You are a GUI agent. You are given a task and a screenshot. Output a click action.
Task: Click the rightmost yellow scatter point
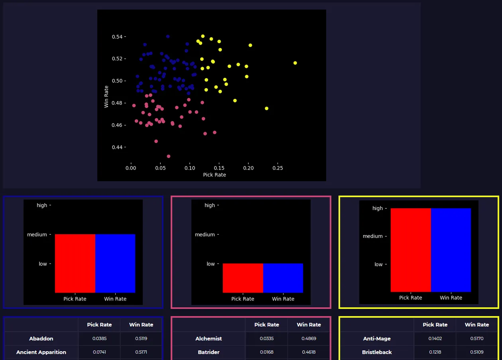click(x=295, y=63)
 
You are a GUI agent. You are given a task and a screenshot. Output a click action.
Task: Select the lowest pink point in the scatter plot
click(x=169, y=156)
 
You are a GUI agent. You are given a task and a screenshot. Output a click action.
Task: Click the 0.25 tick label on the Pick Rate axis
click(x=278, y=168)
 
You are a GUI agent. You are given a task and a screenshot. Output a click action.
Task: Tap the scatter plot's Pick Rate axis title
click(x=215, y=175)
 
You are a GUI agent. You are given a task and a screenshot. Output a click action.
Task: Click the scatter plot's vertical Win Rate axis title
click(x=106, y=97)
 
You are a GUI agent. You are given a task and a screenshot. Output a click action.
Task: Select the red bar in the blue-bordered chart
click(x=75, y=263)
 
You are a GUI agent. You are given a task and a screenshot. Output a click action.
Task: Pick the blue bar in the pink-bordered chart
click(x=283, y=278)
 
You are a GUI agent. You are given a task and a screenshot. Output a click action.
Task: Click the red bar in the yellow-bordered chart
click(x=411, y=250)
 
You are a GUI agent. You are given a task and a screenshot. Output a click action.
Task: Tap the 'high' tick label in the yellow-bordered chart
click(x=378, y=208)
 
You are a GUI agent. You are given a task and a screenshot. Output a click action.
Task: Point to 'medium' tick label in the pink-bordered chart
click(x=205, y=235)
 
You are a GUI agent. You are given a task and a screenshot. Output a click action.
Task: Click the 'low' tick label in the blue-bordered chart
click(x=43, y=264)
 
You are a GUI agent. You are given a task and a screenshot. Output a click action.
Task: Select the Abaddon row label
click(x=41, y=338)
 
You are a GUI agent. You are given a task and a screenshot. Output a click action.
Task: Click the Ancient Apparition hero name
click(x=41, y=352)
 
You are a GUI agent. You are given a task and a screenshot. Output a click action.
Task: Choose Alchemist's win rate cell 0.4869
click(x=309, y=338)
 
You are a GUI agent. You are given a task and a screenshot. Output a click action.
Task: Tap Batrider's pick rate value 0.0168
click(x=267, y=352)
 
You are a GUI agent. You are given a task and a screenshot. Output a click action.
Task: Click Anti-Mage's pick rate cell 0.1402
click(x=435, y=338)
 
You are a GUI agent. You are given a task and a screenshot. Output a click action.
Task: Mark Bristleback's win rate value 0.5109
click(x=477, y=352)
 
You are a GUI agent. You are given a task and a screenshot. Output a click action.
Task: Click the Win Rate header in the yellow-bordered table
click(x=477, y=324)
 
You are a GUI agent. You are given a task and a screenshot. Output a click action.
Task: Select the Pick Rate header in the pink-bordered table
click(x=267, y=324)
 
